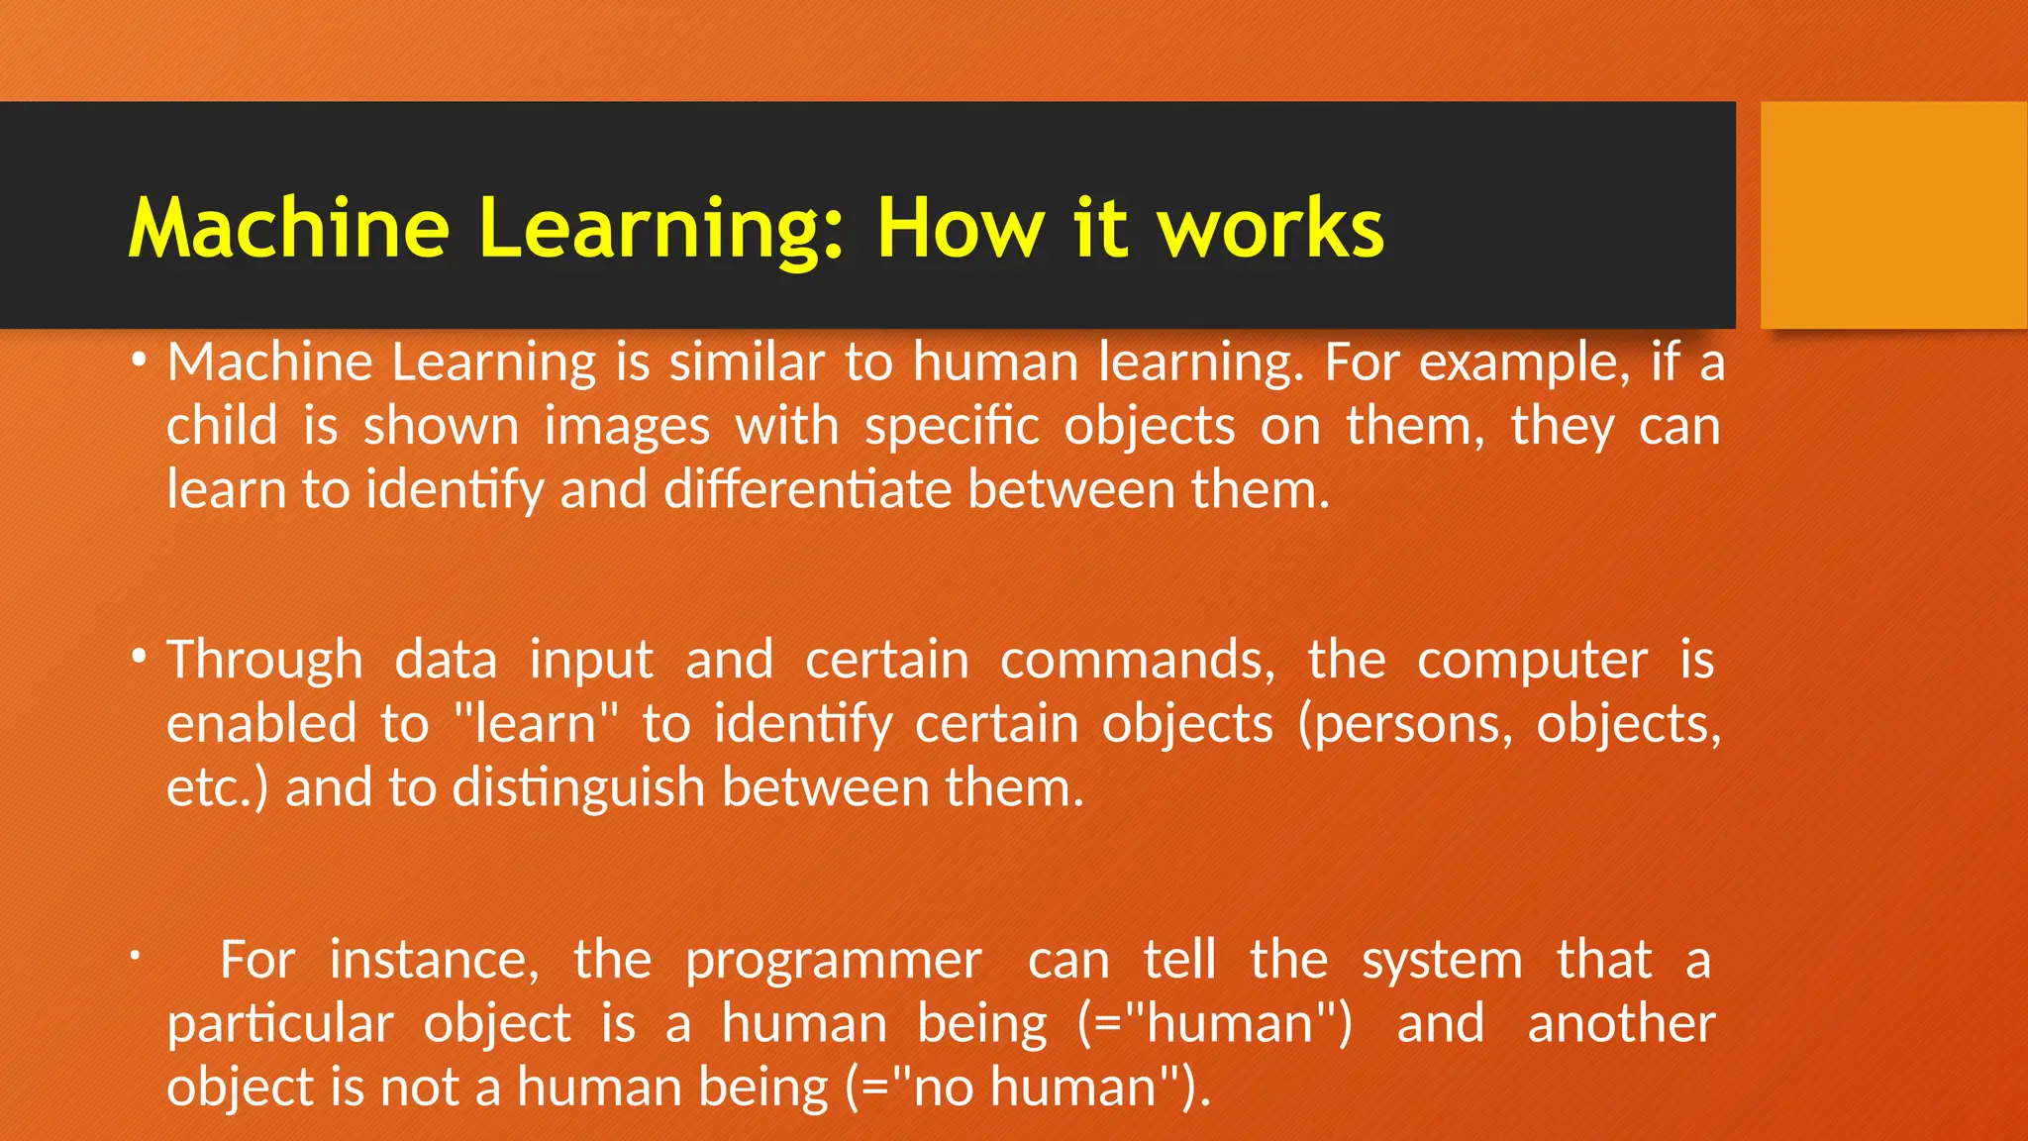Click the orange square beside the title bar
tap(1892, 215)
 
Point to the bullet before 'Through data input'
tap(140, 657)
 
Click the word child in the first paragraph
tap(222, 426)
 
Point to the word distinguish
tap(578, 788)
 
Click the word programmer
tap(833, 961)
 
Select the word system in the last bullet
tap(1442, 961)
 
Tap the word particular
tap(280, 1024)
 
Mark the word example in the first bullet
tap(1523, 363)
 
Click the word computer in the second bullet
tap(1532, 661)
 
